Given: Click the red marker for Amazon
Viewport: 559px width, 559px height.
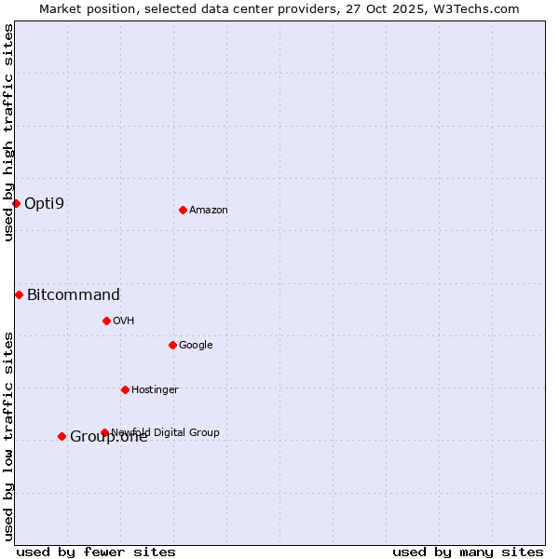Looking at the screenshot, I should point(183,210).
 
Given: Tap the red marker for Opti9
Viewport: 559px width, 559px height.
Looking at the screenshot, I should point(16,203).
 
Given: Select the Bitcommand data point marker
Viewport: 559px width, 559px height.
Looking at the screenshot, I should point(19,294).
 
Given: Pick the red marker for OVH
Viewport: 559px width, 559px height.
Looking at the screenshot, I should point(106,320).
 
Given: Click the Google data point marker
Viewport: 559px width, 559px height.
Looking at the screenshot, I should point(172,345).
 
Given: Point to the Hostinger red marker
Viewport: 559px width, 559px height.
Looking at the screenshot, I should point(125,389).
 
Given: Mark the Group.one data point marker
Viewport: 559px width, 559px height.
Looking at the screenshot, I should point(61,436).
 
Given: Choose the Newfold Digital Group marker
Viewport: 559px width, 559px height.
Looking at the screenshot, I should point(104,432).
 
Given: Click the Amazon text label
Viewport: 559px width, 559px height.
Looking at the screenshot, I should point(209,211).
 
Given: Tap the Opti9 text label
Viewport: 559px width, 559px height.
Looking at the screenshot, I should point(44,203).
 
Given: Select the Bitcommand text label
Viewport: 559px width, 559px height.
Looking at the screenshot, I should point(74,295).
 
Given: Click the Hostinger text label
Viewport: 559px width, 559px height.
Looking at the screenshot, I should point(155,389).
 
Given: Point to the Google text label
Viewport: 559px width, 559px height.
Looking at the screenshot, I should point(196,346).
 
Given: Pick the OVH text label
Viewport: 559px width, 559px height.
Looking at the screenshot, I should point(124,321).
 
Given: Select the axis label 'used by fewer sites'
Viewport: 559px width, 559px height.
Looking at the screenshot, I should point(96,552).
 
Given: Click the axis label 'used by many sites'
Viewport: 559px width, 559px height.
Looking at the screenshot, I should point(468,552).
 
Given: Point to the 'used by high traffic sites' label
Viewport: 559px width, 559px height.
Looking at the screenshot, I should point(8,132).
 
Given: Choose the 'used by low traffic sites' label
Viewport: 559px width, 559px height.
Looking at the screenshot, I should point(8,435).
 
